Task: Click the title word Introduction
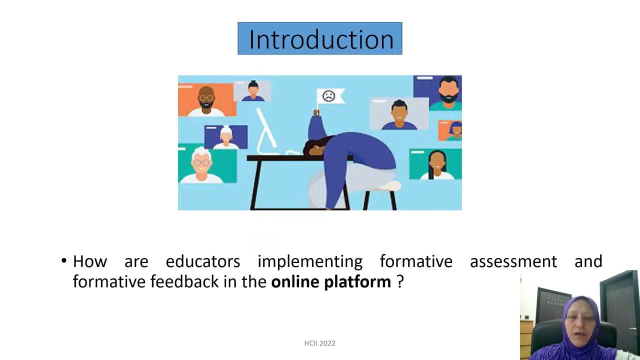320,39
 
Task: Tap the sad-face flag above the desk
329,96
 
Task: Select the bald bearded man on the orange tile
206,99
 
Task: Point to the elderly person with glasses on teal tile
201,163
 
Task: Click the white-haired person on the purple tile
226,137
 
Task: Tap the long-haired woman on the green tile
436,164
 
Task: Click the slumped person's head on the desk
315,147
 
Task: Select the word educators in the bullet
202,261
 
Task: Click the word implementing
309,261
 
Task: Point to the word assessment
513,261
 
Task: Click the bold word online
295,282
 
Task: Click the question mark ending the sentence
399,282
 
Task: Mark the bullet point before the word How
64,261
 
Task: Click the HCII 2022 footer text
319,343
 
